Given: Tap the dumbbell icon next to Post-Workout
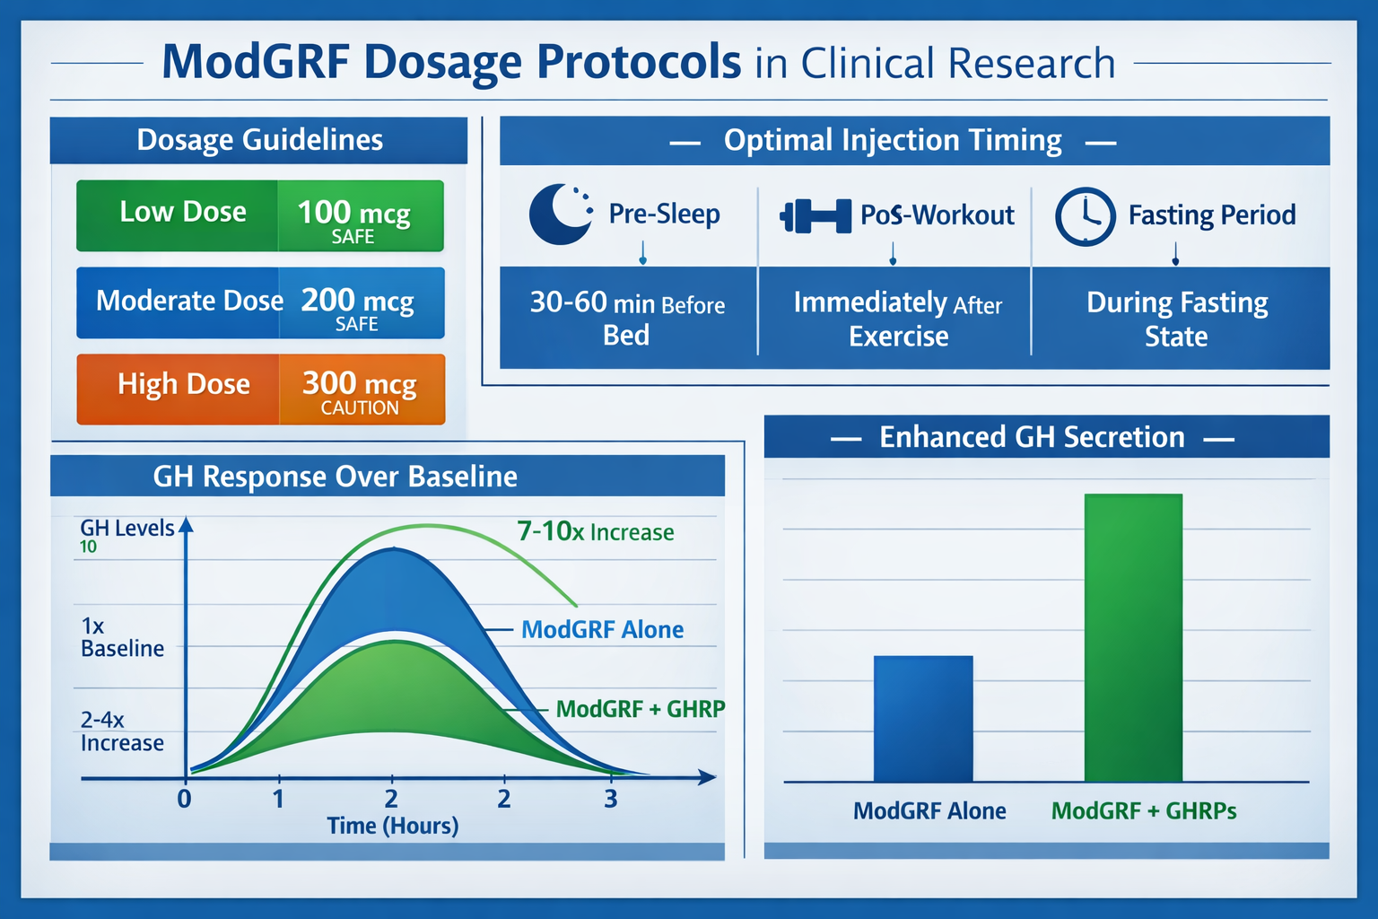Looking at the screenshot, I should (815, 216).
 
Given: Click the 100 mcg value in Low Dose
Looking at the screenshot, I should (353, 213).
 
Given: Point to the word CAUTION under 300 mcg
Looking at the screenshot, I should (360, 408).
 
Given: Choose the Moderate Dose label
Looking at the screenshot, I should (189, 301).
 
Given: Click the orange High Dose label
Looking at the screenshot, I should (183, 385).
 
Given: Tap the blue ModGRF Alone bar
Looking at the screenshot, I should (922, 718).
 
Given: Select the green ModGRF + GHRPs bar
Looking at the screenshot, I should (1133, 637).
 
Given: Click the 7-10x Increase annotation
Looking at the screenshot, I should (595, 531).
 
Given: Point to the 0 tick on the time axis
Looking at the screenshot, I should (184, 799).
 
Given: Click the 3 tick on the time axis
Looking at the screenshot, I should (611, 799).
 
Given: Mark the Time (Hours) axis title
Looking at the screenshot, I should (392, 826).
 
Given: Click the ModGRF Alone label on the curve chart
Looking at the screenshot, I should (602, 630).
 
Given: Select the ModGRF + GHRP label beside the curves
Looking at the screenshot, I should (640, 709).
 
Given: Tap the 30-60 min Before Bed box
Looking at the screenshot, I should (627, 318).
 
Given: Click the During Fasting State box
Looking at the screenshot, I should (1177, 319).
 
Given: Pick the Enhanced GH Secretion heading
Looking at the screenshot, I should (1032, 437).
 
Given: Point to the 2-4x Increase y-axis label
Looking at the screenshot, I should (122, 731).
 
